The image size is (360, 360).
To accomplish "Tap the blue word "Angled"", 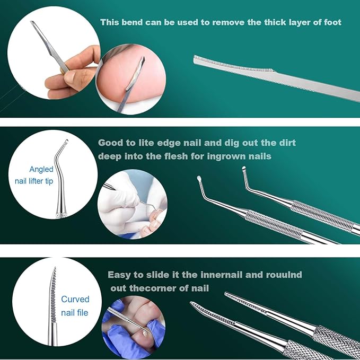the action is tap(41, 170).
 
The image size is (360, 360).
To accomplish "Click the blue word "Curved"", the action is tap(75, 299).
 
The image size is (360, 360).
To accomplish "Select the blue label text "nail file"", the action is tap(75, 312).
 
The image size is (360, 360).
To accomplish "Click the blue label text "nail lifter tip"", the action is tap(34, 181).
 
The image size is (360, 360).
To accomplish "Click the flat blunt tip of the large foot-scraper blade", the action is tap(195, 59).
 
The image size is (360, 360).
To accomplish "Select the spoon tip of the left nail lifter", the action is tap(199, 178).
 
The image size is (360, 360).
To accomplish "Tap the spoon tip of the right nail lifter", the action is tap(244, 169).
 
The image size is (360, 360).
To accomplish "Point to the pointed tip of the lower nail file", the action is tap(191, 303).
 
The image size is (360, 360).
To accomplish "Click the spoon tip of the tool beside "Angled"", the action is tap(67, 141).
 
